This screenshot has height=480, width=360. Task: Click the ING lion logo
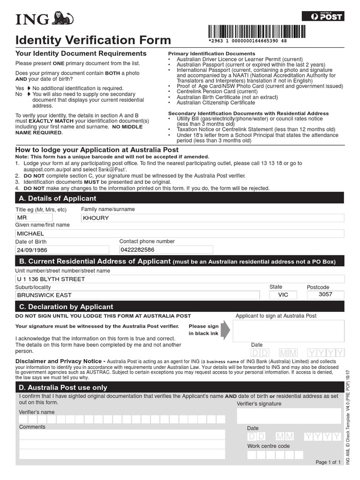pyautogui.click(x=63, y=18)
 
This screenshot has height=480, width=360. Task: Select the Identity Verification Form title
pyautogui.click(x=93, y=40)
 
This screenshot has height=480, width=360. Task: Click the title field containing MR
pyautogui.click(x=34, y=218)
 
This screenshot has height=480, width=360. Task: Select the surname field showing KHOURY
pyautogui.click(x=212, y=218)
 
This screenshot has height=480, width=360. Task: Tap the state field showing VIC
pyautogui.click(x=283, y=295)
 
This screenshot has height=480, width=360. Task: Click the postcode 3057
pyautogui.click(x=325, y=295)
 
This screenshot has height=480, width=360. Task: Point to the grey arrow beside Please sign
pyautogui.click(x=225, y=330)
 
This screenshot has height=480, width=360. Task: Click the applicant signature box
pyautogui.click(x=288, y=331)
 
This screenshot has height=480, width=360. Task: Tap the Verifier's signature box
pyautogui.click(x=289, y=416)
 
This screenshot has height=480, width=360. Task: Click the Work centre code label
pyautogui.click(x=269, y=446)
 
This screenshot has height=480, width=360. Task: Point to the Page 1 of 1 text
pyautogui.click(x=329, y=462)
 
